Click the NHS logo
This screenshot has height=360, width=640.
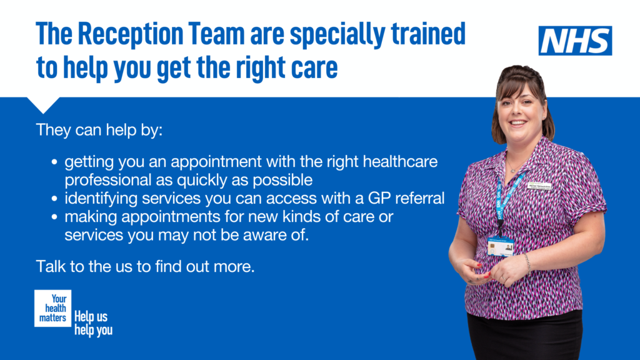(575, 41)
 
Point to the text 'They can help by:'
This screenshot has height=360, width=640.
(99, 131)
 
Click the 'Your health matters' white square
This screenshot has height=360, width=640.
(54, 307)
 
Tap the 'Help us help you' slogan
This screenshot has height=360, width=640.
(93, 323)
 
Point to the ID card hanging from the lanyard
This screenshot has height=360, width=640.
(501, 246)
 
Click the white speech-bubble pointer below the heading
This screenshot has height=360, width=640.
(44, 105)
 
